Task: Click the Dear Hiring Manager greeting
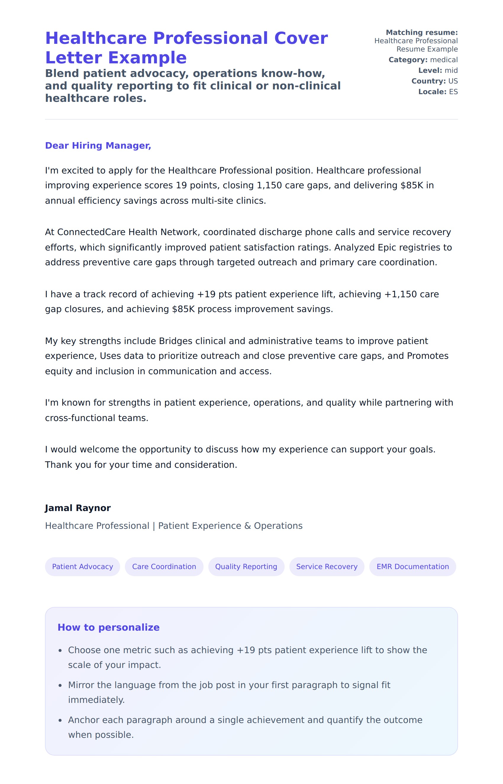pos(98,145)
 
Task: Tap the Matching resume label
pos(422,33)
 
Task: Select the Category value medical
pos(444,60)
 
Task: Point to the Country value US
pos(453,81)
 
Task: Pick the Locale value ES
pos(453,92)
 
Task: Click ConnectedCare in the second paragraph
pos(91,232)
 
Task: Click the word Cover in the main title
pos(301,38)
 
